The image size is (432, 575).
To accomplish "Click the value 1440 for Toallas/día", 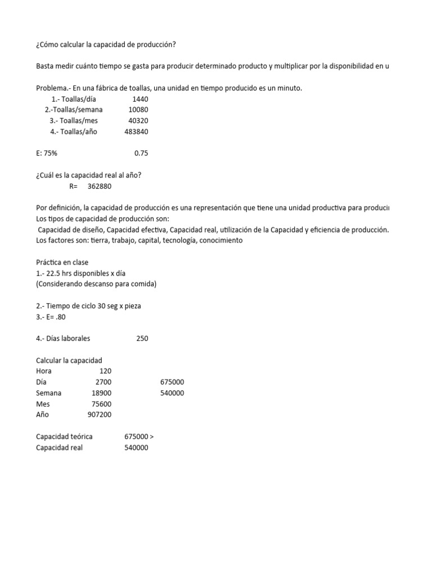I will coord(140,99).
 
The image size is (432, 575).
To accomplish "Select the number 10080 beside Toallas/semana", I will coord(138,109).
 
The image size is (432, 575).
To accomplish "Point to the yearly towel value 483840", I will coord(136,131).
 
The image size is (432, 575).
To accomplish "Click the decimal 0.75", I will coord(141,153).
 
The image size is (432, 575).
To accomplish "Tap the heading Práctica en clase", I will coord(62,262).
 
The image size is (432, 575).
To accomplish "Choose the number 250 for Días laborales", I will coord(142,339).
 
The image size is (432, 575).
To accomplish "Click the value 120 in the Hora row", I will coord(106,371).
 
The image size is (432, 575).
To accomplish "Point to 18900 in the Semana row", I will coord(101,393).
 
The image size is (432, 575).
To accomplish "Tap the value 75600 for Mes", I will coord(101,404).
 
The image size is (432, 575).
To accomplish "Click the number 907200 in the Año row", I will coord(99,414).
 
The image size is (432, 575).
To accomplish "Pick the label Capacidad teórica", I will coord(64,436).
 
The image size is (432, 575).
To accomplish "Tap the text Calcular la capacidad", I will coord(69,360).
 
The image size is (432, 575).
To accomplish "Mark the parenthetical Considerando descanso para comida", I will coord(96,284).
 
